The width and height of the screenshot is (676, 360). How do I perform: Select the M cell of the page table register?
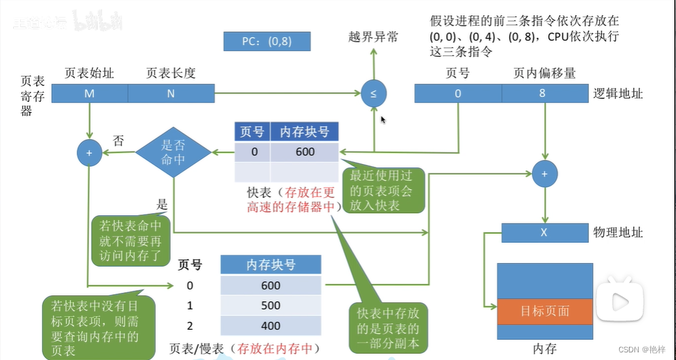tap(89, 94)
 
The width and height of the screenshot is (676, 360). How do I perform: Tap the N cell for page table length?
tap(170, 94)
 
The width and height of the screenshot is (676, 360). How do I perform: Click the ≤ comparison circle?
tap(373, 93)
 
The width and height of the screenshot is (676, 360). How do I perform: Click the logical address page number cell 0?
tap(458, 93)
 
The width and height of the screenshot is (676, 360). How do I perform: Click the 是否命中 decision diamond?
tap(172, 152)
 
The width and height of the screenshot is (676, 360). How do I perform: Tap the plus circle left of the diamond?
tap(89, 152)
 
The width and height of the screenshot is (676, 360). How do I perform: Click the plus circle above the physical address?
tap(544, 174)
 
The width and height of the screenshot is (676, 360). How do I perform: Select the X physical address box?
tap(544, 233)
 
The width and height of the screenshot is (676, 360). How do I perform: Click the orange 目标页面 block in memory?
tap(544, 311)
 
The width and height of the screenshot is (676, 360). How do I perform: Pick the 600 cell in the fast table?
tap(304, 152)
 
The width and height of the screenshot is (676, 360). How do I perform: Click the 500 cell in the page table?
tap(271, 305)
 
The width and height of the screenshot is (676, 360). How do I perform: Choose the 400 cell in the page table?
tap(271, 325)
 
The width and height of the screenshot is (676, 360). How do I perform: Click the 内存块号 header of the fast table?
tap(304, 132)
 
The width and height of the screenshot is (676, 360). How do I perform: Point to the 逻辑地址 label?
tap(619, 93)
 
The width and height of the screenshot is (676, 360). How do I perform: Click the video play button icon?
tap(619, 300)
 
